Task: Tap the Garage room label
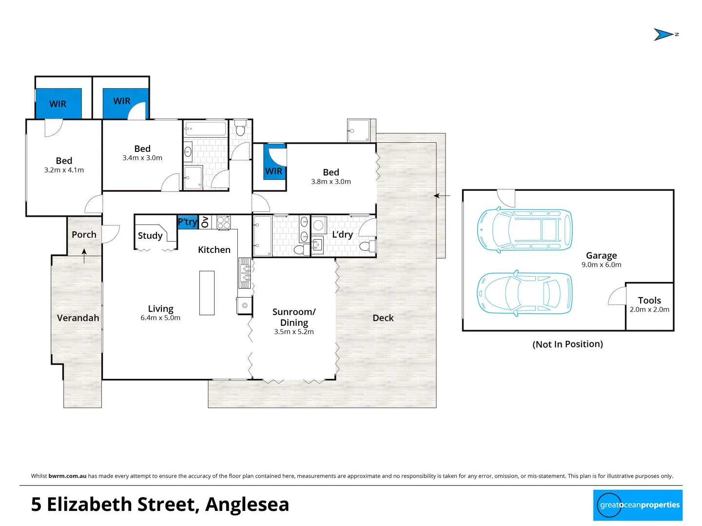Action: tap(601, 256)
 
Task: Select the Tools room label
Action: tap(649, 301)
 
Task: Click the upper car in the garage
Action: tap(525, 230)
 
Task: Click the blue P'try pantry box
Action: tap(187, 222)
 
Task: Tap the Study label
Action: tap(150, 236)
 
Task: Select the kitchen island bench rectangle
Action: tap(207, 293)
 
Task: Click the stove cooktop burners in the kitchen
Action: tap(223, 223)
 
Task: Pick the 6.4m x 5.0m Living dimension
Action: tap(160, 318)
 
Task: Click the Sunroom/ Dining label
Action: tap(294, 317)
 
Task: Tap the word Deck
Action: tap(383, 318)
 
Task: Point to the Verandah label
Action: tap(78, 318)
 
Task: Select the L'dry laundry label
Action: tap(342, 235)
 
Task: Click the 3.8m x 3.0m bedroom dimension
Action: tap(331, 182)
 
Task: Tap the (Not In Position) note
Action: tap(567, 344)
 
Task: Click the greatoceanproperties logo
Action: tap(638, 505)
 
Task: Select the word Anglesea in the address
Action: tap(247, 505)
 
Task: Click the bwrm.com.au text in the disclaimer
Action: tap(67, 476)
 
